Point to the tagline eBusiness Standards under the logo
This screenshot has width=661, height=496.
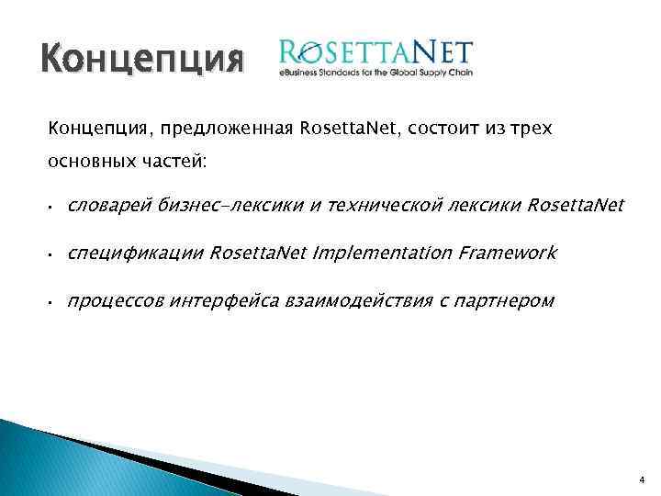pos(375,73)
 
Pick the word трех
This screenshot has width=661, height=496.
pos(533,128)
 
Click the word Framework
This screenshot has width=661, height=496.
pos(499,253)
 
